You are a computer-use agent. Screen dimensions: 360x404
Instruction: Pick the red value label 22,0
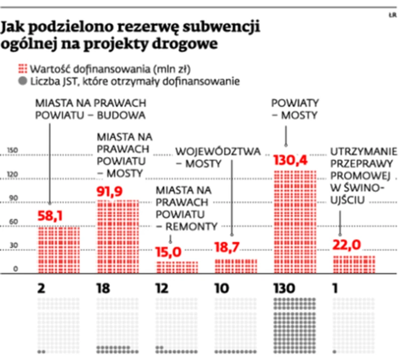point(347,245)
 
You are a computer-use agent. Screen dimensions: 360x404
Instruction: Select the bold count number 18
point(103,289)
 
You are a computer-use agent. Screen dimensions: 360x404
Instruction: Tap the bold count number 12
point(163,289)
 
